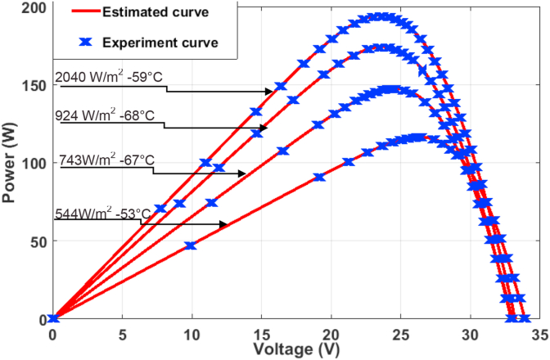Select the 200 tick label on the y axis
point(31,7)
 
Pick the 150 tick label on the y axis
point(31,85)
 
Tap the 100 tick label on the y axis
point(31,163)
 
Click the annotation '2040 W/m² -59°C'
point(105,78)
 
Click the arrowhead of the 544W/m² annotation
point(224,223)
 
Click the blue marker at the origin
point(53,318)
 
